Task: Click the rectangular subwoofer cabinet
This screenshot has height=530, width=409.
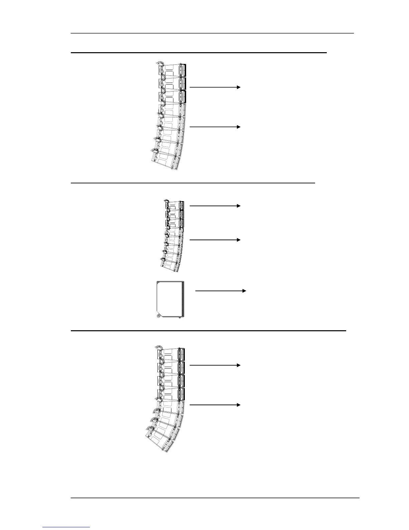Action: click(x=170, y=298)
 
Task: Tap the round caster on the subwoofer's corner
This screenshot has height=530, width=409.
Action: click(x=159, y=315)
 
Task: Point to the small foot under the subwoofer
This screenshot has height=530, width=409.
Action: click(x=180, y=318)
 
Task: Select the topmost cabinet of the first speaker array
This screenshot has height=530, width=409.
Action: click(x=172, y=70)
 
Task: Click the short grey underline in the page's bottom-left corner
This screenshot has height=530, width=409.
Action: click(x=66, y=527)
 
